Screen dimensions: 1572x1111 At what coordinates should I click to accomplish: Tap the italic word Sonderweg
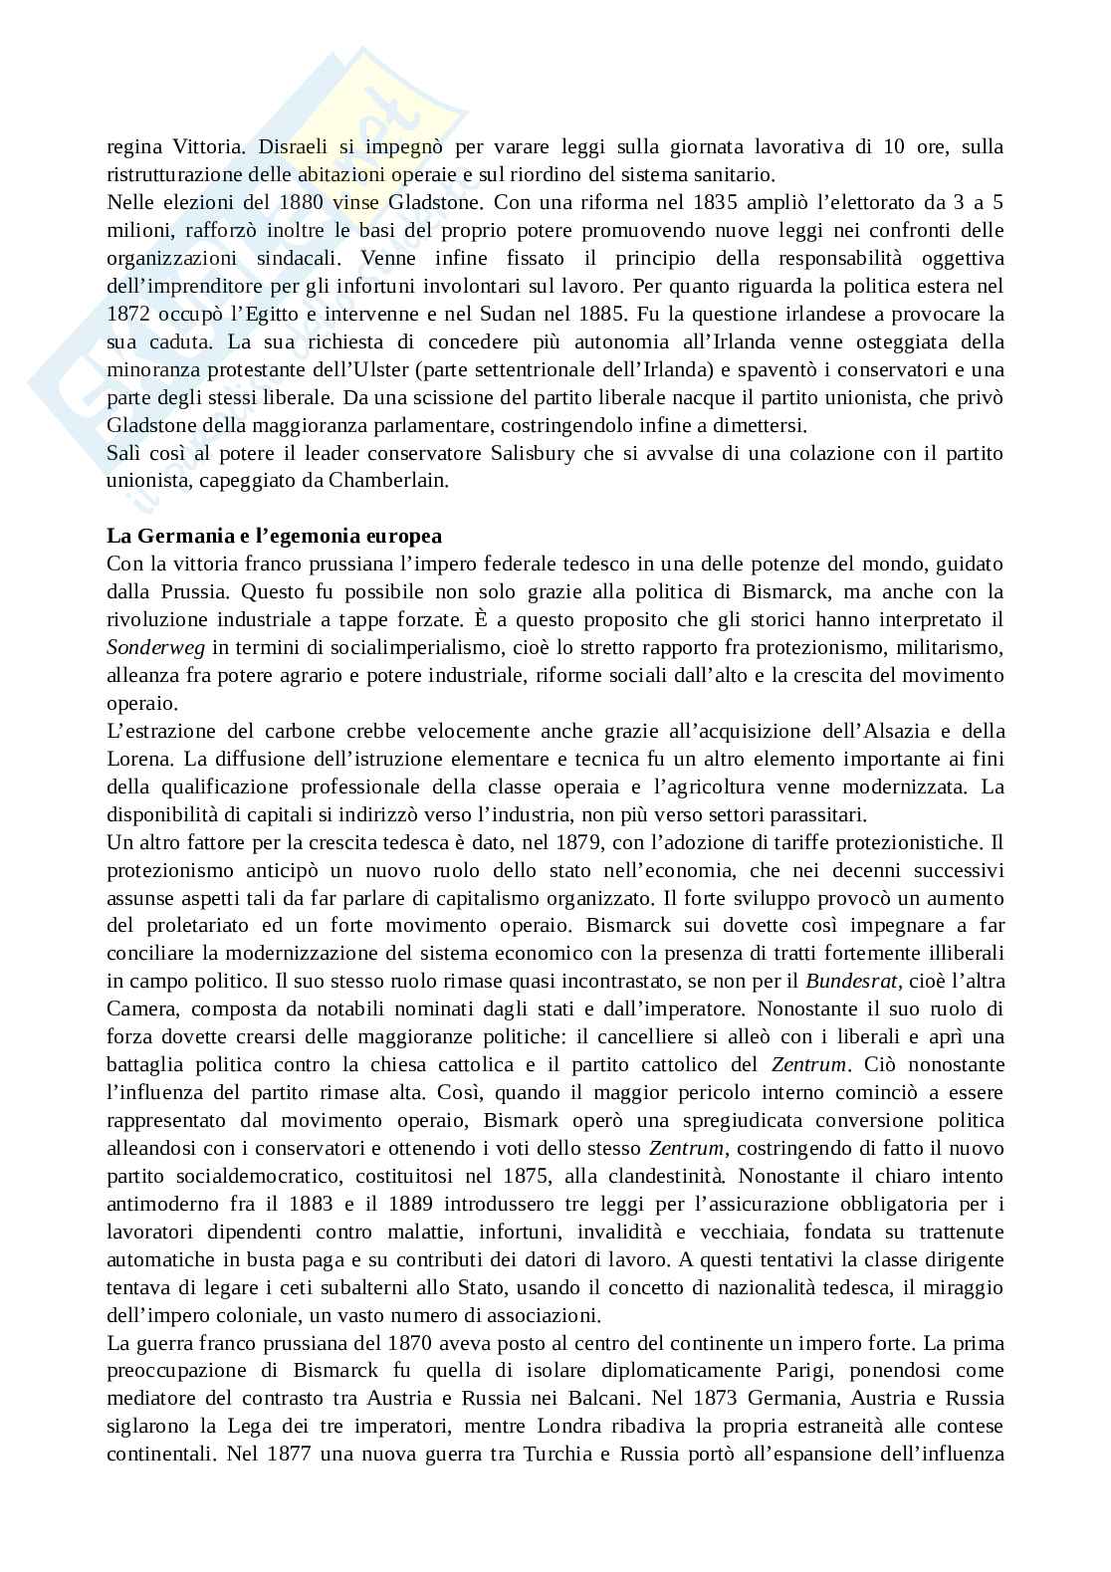pyautogui.click(x=155, y=648)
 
